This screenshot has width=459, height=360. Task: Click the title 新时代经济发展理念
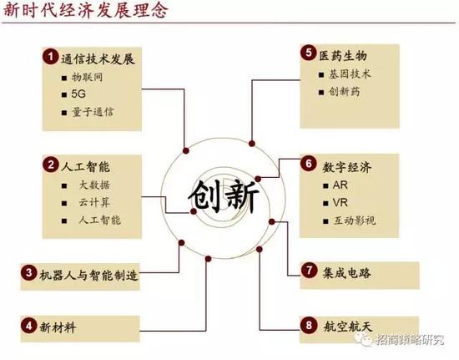pos(86,10)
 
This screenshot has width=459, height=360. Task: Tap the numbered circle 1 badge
pos(50,57)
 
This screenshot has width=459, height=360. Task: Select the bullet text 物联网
pos(88,78)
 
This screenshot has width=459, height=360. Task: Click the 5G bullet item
pos(78,94)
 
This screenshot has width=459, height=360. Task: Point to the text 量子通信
pos(93,112)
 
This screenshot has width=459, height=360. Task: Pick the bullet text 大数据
pos(95,185)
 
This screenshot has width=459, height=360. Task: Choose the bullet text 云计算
pos(94,202)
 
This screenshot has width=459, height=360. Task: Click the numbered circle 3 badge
pos(28,272)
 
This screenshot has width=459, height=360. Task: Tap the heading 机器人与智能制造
pos(88,276)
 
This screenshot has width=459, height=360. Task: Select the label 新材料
pos(58,327)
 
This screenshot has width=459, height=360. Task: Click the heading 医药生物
pos(343,56)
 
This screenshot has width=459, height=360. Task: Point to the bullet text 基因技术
pos(350,74)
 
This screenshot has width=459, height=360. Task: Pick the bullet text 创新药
pos(344,92)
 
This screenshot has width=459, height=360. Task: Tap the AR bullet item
pos(340,185)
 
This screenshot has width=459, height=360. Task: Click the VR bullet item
pos(340,203)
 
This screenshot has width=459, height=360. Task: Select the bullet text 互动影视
pos(355,221)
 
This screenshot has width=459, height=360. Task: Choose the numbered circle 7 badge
pos(309,270)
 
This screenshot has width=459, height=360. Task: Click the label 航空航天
pos(348,326)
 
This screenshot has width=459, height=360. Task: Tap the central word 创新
pos(224,195)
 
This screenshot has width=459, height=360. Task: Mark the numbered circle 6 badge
pos(309,164)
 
